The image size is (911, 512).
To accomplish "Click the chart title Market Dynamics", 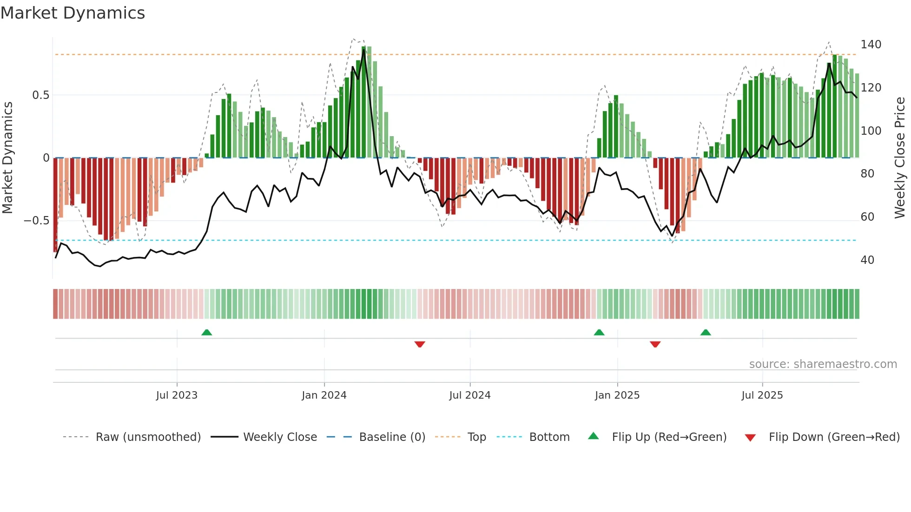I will coord(73,13).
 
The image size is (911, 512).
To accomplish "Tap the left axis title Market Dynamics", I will coord(7,158).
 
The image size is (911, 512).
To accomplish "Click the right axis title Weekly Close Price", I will coord(900,158).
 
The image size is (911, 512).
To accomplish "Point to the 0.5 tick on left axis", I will coord(40,95).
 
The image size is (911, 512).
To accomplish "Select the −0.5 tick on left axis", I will coord(37,221).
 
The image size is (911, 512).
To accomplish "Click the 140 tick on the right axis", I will coord(871,45).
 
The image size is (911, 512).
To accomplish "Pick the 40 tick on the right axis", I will coord(867,260).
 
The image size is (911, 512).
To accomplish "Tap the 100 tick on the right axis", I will coord(871,131).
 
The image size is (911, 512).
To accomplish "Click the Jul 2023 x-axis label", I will coord(177,395).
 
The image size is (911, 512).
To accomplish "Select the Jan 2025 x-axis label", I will coord(617,395).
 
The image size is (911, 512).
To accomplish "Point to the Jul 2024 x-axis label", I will coord(469,395).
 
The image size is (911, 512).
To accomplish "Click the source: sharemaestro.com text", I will coord(823,364).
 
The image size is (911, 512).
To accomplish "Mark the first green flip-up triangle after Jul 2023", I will coord(207,332).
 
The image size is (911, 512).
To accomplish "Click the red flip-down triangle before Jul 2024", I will coord(420,344).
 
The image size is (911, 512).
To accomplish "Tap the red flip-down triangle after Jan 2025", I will coord(655,344).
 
